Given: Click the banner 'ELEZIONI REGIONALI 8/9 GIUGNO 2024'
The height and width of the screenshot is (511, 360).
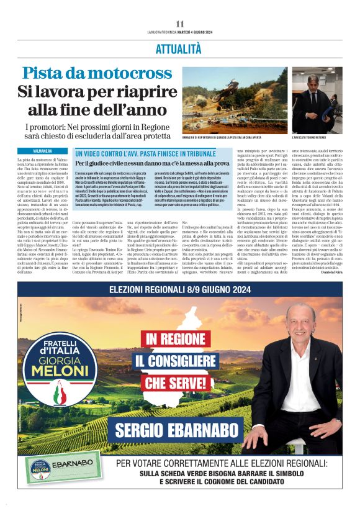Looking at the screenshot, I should click(x=179, y=289).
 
